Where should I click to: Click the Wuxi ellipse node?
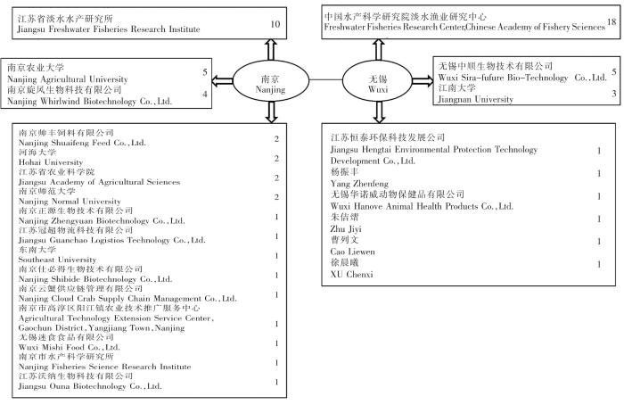coord(377,85)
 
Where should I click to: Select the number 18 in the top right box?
coord(611,21)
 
